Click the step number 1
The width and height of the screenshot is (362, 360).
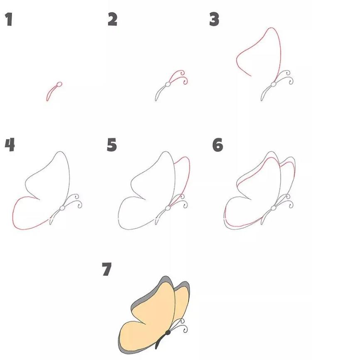click(x=9, y=19)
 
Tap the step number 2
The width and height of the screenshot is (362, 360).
click(x=112, y=19)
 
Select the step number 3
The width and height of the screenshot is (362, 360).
click(x=214, y=19)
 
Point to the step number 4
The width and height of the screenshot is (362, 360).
click(x=10, y=145)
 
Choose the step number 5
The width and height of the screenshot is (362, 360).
click(x=112, y=145)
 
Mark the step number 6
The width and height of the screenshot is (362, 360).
click(x=218, y=145)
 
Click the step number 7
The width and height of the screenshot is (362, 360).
click(x=107, y=270)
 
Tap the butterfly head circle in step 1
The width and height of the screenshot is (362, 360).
click(x=59, y=84)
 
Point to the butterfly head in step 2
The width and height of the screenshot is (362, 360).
click(x=168, y=84)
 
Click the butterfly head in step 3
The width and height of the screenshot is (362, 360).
click(x=273, y=84)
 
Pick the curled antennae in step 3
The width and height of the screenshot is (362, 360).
click(x=286, y=76)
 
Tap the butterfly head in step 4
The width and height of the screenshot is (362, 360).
click(x=62, y=207)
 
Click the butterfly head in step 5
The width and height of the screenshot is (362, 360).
click(x=168, y=207)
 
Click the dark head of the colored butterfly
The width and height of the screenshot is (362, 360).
click(x=168, y=332)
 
